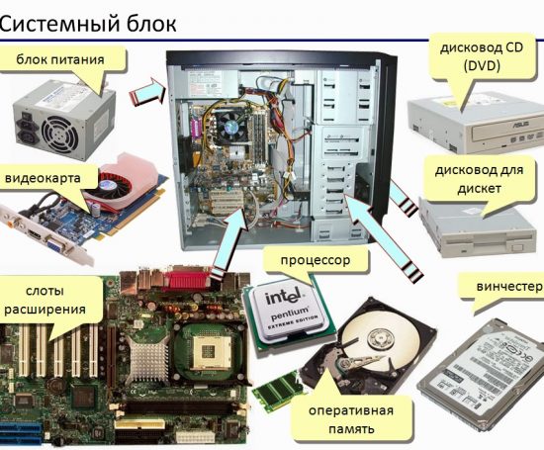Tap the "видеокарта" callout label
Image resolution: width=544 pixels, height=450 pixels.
50,179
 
